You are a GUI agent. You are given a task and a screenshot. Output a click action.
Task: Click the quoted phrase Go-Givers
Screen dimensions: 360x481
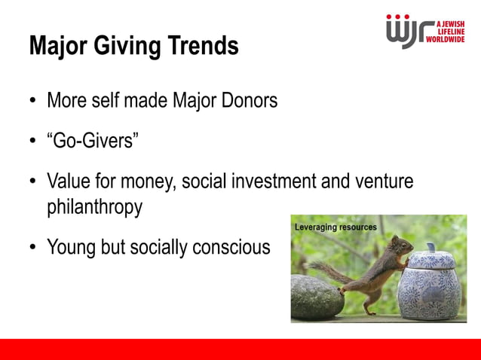click(x=92, y=141)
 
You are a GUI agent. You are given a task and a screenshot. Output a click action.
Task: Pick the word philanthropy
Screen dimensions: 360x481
click(x=94, y=207)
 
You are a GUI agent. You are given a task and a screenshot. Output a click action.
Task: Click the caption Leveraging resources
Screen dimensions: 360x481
click(x=335, y=227)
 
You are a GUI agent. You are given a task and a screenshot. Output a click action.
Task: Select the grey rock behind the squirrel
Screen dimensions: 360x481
click(x=316, y=298)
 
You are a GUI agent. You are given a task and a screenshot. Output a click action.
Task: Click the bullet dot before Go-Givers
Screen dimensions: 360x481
click(x=33, y=142)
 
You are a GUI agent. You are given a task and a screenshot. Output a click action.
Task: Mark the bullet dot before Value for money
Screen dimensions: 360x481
click(x=33, y=182)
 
